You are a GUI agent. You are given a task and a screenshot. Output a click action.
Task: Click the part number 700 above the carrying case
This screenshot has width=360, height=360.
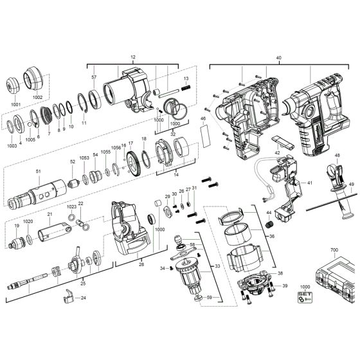click(332, 248)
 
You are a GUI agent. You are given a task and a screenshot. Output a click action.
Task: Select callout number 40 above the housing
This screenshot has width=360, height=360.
click(278, 58)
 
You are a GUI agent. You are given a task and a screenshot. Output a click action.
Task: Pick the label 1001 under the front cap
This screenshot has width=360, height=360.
click(15, 104)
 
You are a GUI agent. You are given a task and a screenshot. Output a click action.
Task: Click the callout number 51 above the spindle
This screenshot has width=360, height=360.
click(38, 171)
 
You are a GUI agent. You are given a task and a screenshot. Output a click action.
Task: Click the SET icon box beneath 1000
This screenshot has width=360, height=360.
click(305, 297)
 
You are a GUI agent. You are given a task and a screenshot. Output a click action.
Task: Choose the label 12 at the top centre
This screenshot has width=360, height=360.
click(133, 58)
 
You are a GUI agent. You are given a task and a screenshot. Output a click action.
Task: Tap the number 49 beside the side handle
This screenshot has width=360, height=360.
click(352, 185)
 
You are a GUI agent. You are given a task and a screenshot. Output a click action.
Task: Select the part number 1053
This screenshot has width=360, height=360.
click(84, 157)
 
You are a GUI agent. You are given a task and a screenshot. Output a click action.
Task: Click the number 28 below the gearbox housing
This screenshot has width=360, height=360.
click(141, 264)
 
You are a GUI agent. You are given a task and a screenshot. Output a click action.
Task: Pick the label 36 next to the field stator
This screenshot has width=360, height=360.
click(271, 236)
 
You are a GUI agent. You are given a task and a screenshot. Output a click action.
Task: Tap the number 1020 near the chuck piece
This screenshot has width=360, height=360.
click(28, 221)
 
